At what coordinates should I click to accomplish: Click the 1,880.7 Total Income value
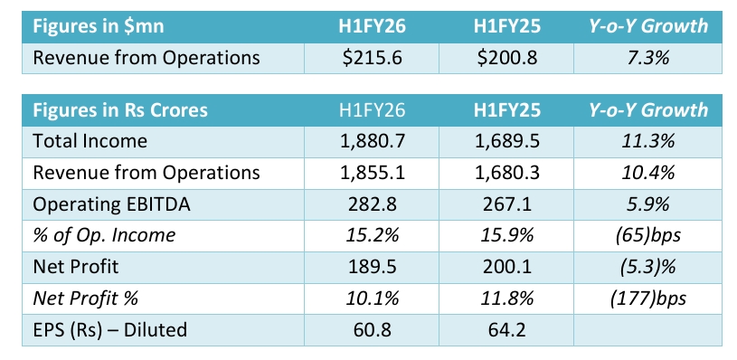pyautogui.click(x=372, y=141)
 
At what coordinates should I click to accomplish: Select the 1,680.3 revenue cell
pyautogui.click(x=506, y=173)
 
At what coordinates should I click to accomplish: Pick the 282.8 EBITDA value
pyautogui.click(x=372, y=204)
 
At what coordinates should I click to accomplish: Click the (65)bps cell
pyautogui.click(x=648, y=235)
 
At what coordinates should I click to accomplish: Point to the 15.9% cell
pyautogui.click(x=506, y=235)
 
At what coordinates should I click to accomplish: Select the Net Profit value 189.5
pyautogui.click(x=372, y=267)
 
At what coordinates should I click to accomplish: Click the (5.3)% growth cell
pyautogui.click(x=648, y=267)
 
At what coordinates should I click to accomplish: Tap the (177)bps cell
pyautogui.click(x=648, y=298)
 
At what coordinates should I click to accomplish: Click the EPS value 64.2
pyautogui.click(x=506, y=329)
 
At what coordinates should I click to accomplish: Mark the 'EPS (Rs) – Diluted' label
pyautogui.click(x=109, y=329)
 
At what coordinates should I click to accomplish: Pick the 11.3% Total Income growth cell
pyautogui.click(x=648, y=141)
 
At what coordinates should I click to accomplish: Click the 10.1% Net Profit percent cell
pyautogui.click(x=372, y=298)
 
